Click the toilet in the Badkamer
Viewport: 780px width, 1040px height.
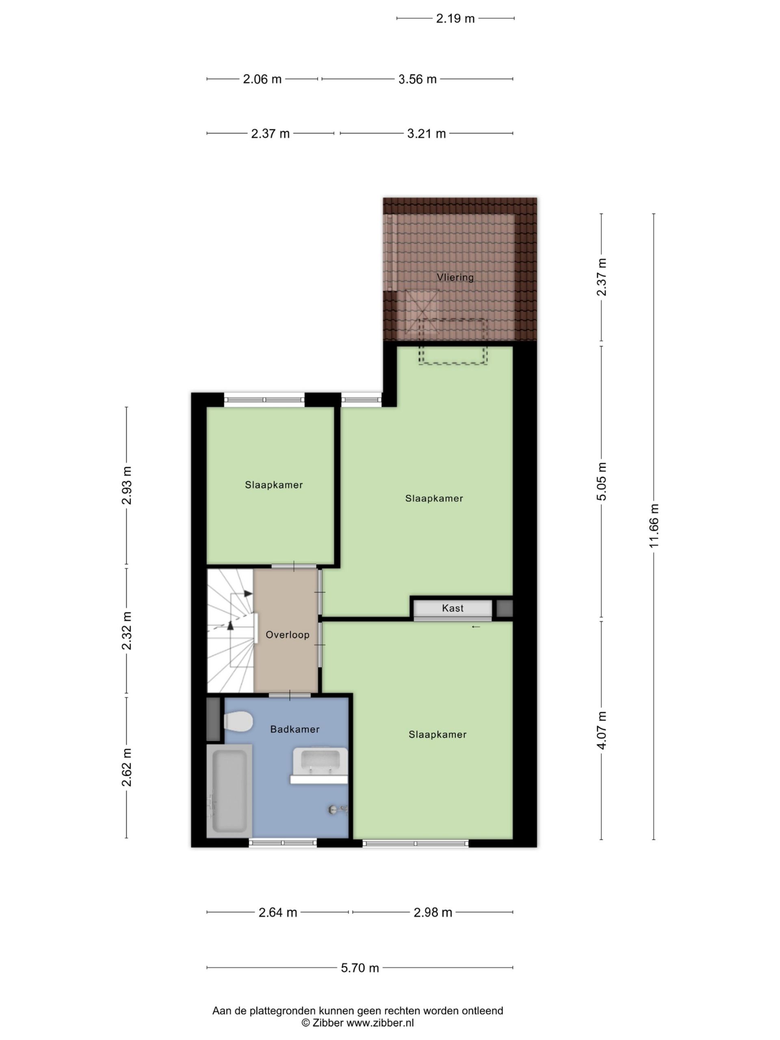(x=238, y=721)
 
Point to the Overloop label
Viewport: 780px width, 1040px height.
(x=287, y=635)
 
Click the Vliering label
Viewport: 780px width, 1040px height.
(x=455, y=277)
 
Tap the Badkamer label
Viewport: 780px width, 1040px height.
(x=295, y=729)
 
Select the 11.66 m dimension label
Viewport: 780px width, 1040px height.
(x=654, y=525)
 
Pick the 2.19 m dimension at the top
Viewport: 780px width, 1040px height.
(x=455, y=18)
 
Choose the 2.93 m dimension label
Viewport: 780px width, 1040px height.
(x=126, y=486)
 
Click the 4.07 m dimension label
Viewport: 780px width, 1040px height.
(x=601, y=730)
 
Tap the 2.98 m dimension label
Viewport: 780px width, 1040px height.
(x=433, y=912)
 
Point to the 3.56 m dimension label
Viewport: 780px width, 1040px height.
(x=418, y=79)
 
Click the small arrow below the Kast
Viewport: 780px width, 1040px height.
(x=476, y=627)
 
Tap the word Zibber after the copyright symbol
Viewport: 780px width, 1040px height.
(x=328, y=1023)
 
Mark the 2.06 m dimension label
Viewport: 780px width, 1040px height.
(x=262, y=79)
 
